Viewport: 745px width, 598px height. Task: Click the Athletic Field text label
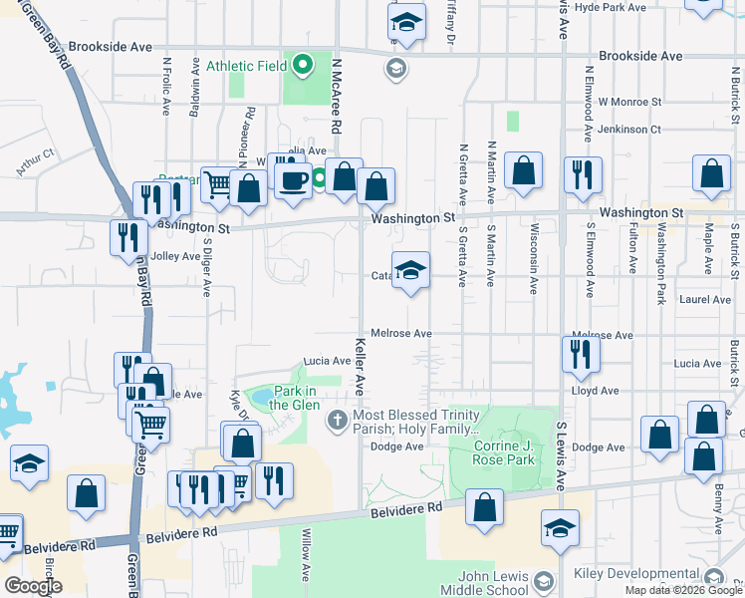click(245, 67)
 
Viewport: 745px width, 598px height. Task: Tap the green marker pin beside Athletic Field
click(304, 67)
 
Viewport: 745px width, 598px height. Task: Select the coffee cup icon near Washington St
click(292, 181)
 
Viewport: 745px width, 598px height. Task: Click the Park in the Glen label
click(294, 398)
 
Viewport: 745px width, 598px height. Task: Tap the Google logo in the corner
click(32, 586)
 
